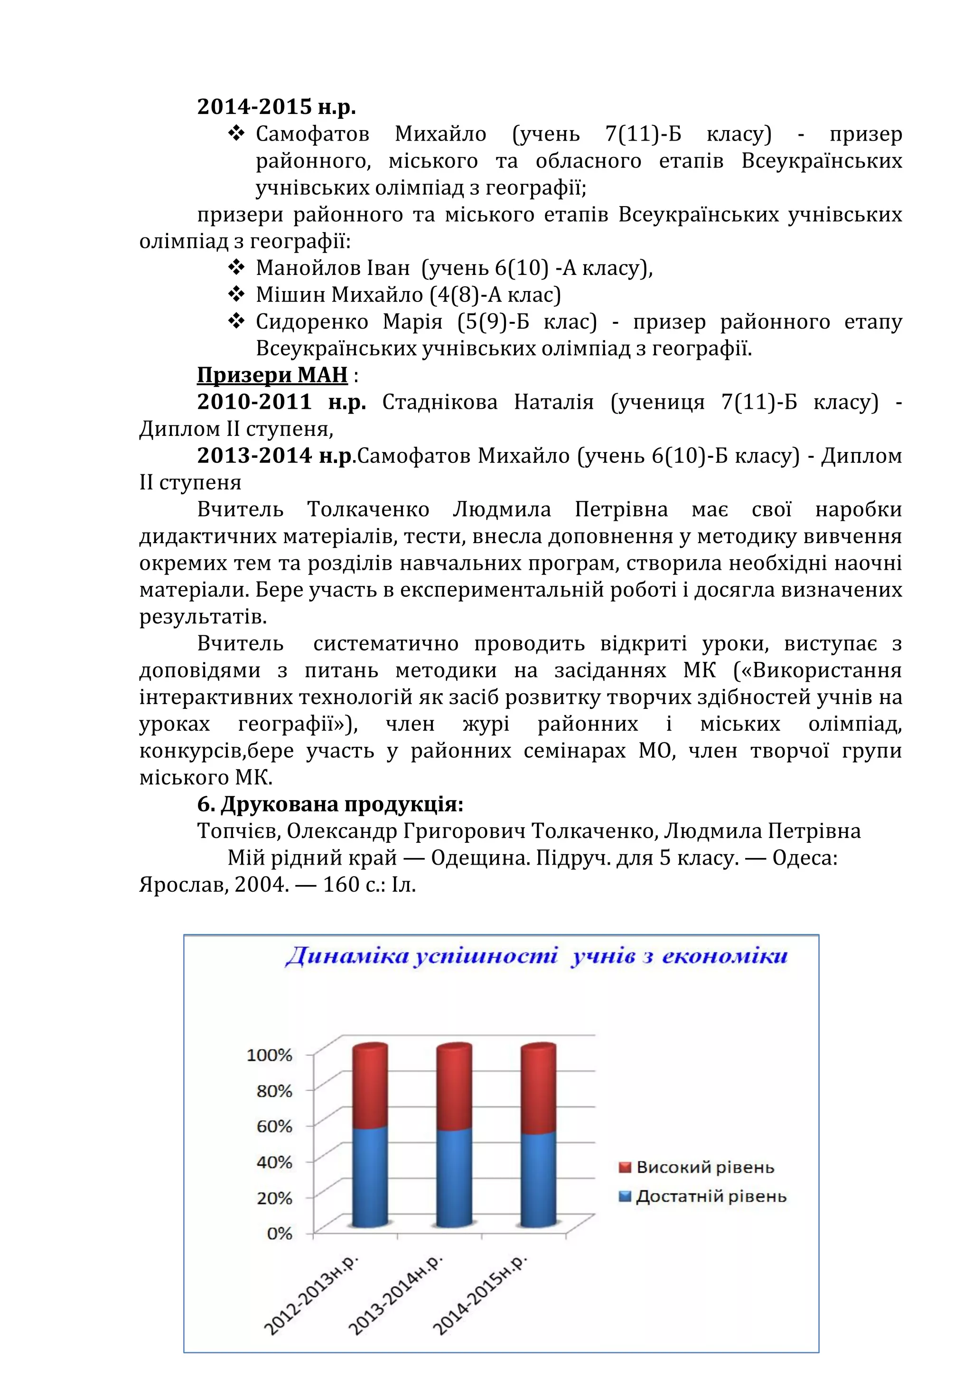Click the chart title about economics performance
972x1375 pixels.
(536, 956)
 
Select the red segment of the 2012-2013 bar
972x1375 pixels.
(370, 1087)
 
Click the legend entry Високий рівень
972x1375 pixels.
(704, 1167)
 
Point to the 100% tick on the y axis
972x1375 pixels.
(269, 1055)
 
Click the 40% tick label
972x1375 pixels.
(274, 1162)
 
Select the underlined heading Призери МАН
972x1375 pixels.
(272, 375)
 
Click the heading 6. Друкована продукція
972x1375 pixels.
(330, 804)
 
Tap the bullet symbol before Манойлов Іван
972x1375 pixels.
(236, 267)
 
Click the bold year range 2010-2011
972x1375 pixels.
(254, 402)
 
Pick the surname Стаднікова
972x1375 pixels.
(439, 402)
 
